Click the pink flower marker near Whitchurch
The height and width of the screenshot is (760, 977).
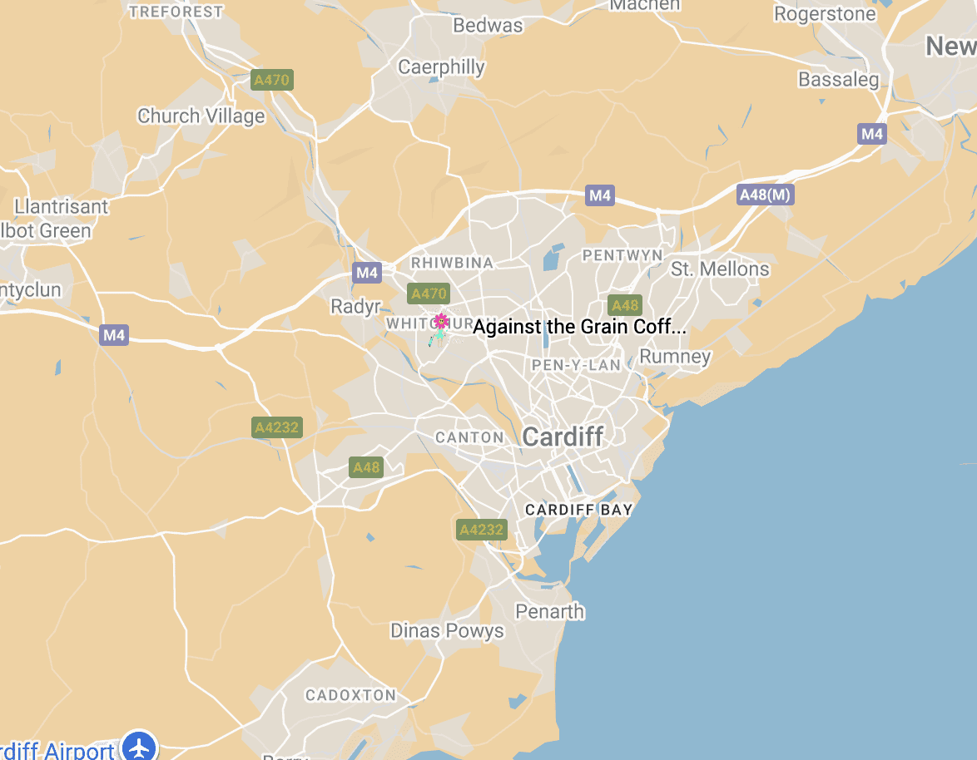click(x=440, y=322)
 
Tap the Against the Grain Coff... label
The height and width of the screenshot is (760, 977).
click(x=579, y=327)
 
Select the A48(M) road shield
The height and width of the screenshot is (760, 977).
click(x=766, y=195)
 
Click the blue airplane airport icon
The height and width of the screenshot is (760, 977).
click(x=139, y=746)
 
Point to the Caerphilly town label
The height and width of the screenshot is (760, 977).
click(x=441, y=67)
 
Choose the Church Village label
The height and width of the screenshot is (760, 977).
click(x=201, y=116)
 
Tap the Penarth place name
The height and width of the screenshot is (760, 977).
click(x=549, y=612)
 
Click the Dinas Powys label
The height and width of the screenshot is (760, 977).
click(x=447, y=631)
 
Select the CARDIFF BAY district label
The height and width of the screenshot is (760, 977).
click(x=578, y=510)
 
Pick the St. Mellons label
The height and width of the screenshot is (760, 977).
click(x=720, y=269)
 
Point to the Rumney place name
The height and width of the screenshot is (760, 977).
click(x=675, y=358)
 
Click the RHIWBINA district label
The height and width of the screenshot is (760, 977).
click(x=453, y=263)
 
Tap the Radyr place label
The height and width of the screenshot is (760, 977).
click(x=355, y=307)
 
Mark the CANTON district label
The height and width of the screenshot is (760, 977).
click(x=469, y=437)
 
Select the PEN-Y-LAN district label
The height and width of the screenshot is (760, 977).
click(x=576, y=365)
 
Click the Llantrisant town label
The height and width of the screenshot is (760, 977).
click(x=62, y=207)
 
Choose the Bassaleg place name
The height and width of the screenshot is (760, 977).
click(x=838, y=80)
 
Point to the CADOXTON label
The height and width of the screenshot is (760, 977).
click(x=350, y=695)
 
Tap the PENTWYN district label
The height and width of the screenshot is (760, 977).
click(x=622, y=254)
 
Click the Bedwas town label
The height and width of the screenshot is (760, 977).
click(x=488, y=26)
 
